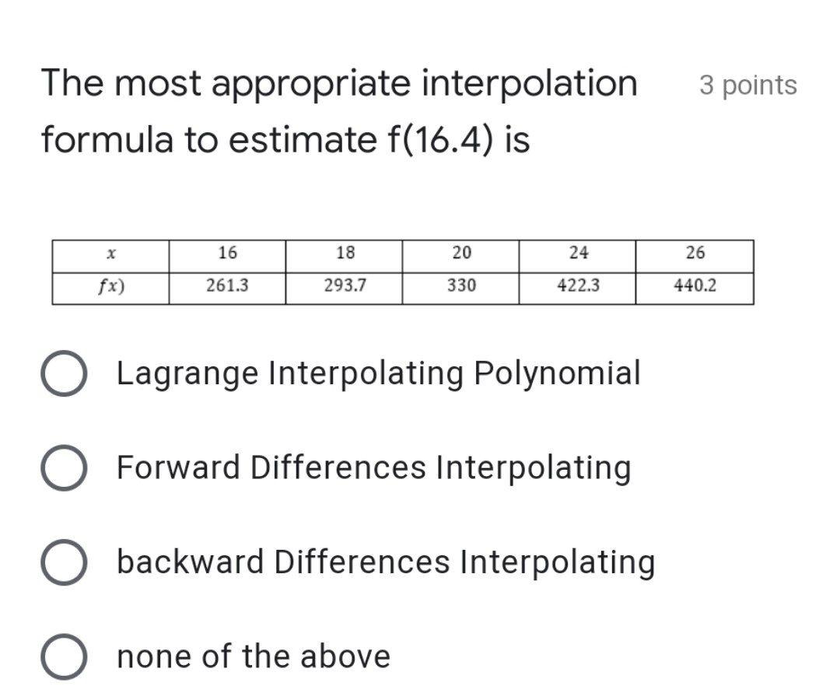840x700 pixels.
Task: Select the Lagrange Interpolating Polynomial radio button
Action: pos(64,374)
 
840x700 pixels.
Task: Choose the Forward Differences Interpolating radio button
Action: pos(64,468)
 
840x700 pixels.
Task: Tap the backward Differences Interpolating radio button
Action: pos(64,562)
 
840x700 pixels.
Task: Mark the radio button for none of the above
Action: pos(64,657)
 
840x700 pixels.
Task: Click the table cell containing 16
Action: pos(227,253)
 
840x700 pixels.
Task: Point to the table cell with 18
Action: pos(345,253)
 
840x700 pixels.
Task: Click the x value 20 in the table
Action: pos(461,253)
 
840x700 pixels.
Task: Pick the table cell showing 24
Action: pos(579,253)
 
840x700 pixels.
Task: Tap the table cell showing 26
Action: pos(695,253)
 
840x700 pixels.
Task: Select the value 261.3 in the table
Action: pos(227,285)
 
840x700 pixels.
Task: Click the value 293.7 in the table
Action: pos(345,285)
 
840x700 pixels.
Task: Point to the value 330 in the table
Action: pos(461,285)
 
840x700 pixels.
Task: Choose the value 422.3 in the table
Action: pos(579,285)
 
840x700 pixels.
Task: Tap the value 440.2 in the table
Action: pos(695,285)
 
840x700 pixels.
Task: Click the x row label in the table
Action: pos(111,254)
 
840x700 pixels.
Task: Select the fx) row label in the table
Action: pos(111,285)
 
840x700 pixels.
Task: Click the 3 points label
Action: pos(747,85)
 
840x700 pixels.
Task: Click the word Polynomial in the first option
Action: pos(557,373)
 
